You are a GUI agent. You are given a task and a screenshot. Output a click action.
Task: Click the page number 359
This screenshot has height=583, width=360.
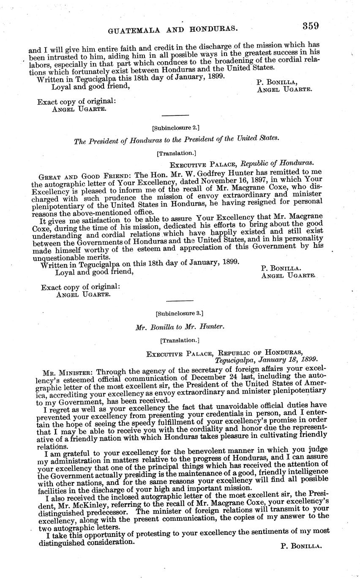[x=310, y=26]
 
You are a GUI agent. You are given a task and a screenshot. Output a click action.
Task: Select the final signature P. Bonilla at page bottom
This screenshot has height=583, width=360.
[x=301, y=546]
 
